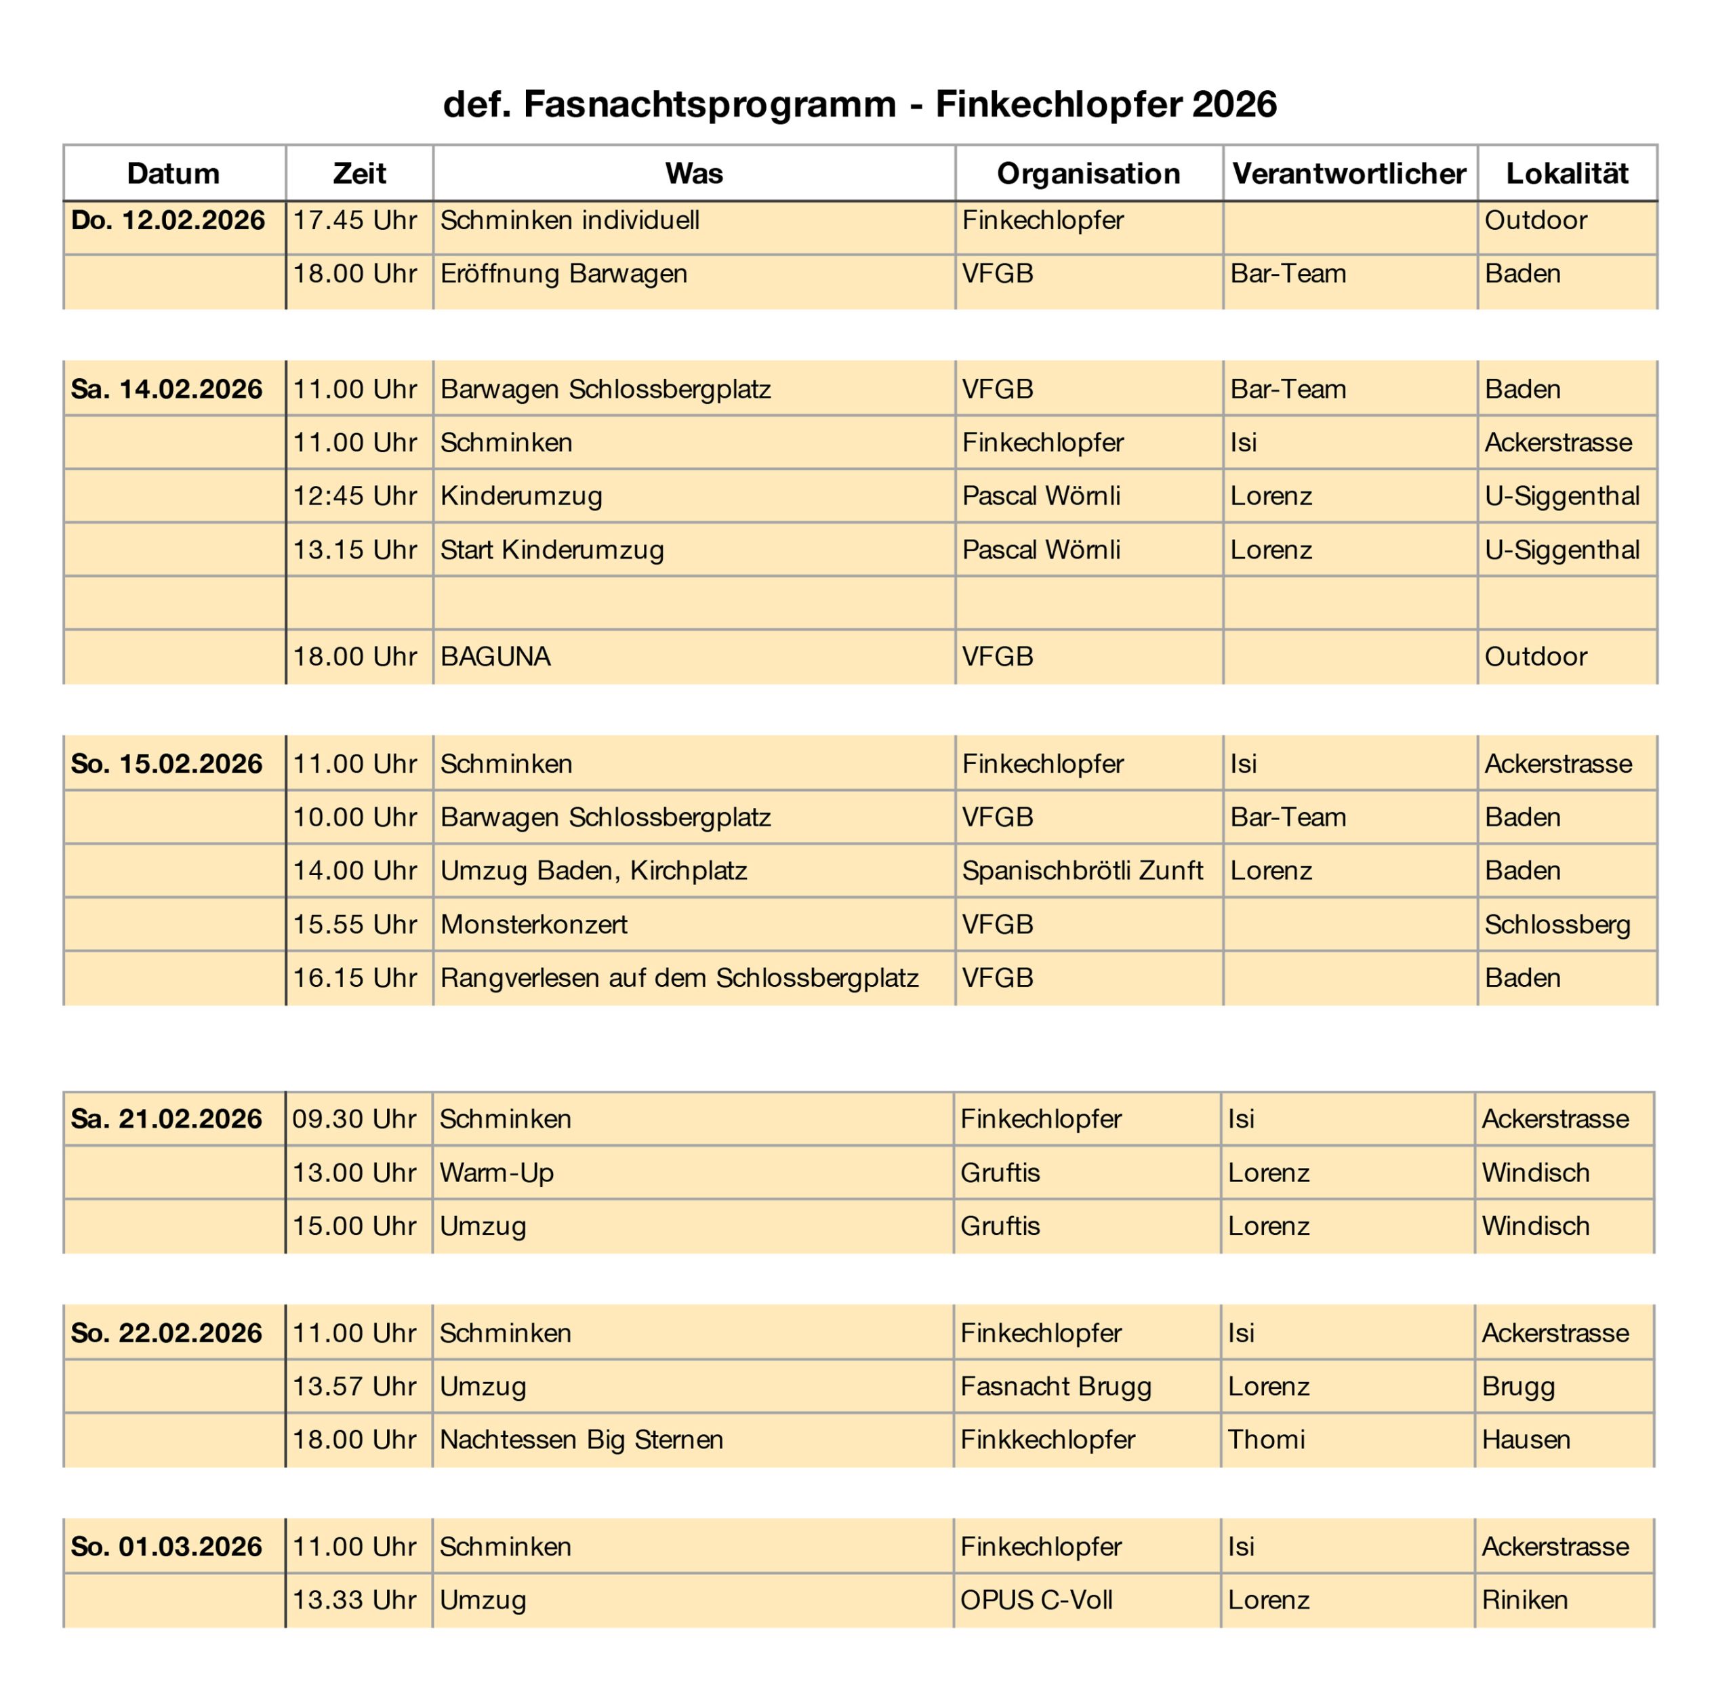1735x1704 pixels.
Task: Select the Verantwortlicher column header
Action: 1349,174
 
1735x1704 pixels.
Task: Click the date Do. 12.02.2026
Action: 168,221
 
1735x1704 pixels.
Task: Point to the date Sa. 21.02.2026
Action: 167,1118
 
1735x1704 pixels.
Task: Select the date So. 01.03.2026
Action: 167,1547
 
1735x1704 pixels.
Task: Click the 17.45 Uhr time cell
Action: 354,221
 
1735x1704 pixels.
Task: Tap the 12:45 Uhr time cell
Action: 354,495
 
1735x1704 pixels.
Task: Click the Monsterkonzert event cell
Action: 534,925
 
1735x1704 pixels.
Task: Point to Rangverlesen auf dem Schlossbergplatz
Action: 679,978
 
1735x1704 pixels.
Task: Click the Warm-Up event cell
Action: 497,1173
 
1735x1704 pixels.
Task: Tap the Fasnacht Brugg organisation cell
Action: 1056,1386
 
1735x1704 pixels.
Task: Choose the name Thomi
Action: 1266,1439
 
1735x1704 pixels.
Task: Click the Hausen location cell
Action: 1526,1439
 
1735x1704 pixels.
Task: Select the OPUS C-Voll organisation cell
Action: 1036,1600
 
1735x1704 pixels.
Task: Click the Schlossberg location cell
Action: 1557,925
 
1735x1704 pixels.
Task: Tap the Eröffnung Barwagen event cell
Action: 564,274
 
